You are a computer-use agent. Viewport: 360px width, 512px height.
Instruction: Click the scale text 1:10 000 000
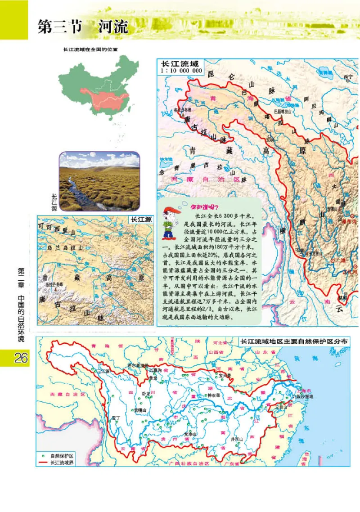tap(181, 71)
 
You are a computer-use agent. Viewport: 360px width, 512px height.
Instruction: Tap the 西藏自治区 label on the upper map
tap(200, 179)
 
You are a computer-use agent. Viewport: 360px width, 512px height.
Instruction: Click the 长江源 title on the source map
tap(140, 220)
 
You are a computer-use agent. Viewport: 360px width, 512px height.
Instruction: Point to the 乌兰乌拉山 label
tap(66, 247)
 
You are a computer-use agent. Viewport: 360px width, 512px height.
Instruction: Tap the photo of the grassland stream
tap(99, 181)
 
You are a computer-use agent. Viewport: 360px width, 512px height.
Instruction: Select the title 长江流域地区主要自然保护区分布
tap(295, 341)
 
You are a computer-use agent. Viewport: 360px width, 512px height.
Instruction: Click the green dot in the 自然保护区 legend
tap(44, 455)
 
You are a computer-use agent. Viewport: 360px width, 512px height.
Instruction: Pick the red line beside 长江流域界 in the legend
tap(44, 462)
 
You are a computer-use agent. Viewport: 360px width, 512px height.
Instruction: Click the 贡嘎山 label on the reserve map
tap(140, 410)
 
